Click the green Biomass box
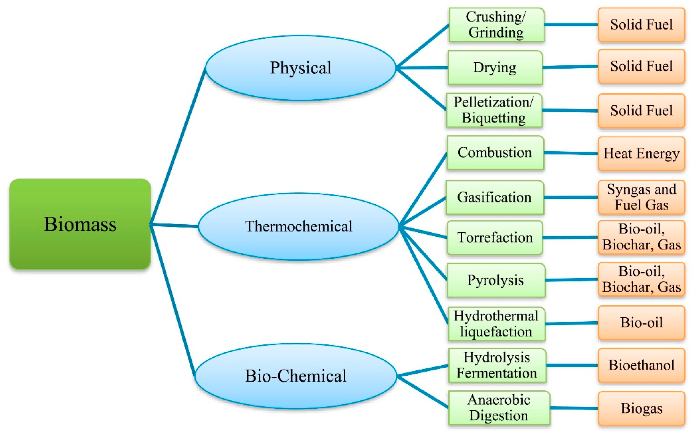pos(80,224)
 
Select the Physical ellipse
pos(300,68)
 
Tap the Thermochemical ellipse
pos(299,226)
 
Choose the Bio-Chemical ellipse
pos(296,376)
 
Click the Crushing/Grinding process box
pos(496,25)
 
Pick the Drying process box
pos(495,67)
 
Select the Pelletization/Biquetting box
pos(494,110)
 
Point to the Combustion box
pos(495,153)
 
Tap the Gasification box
pos(494,197)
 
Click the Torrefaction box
pos(495,237)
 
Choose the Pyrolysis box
pos(496,280)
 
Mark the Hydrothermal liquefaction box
pos(496,324)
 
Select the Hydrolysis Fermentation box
pos(497,365)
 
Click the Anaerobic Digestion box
pos(499,408)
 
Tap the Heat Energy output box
pos(641,153)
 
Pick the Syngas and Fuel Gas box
pos(641,197)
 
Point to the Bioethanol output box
pos(641,365)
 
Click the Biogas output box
pos(641,408)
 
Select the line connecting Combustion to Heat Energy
pos(571,153)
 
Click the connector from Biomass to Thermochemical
pos(174,226)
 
